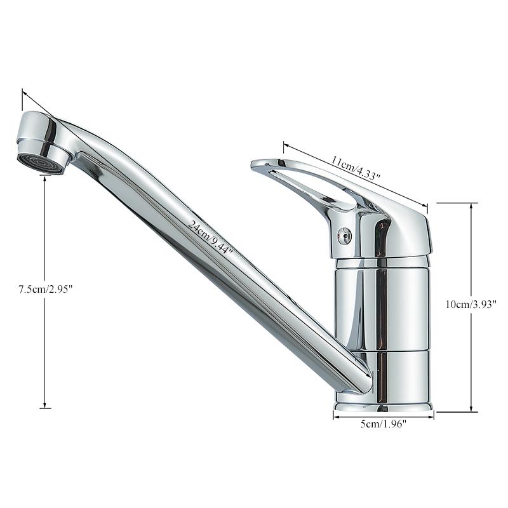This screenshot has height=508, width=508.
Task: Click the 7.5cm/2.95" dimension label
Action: point(46,290)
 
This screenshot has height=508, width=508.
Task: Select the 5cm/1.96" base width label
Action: point(384,424)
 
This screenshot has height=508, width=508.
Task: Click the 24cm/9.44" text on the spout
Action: point(210,236)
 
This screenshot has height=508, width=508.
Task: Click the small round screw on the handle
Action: point(345,236)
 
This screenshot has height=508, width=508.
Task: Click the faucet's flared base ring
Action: point(384,404)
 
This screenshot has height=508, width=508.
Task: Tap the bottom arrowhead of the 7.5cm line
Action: point(44,406)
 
